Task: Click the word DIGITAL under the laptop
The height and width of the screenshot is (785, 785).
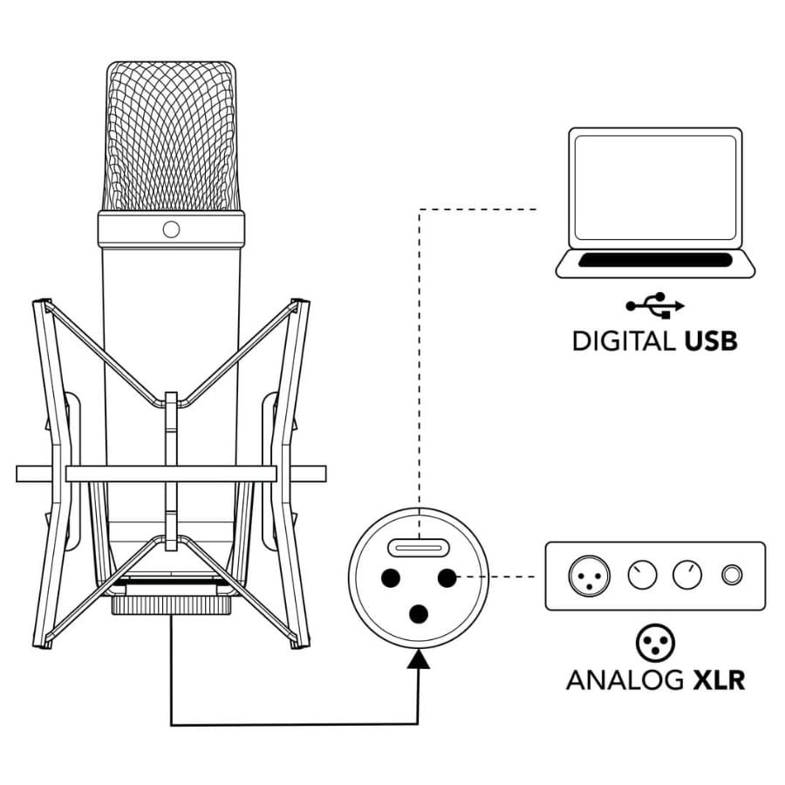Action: point(624,341)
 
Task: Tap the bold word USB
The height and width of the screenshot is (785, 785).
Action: point(711,341)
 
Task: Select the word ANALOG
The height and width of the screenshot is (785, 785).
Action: point(625,679)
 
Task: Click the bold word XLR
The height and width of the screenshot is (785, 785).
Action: point(719,679)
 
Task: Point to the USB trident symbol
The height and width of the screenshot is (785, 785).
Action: point(655,305)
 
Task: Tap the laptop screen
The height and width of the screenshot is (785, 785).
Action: point(655,188)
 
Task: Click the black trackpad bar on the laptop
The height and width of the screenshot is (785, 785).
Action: point(655,260)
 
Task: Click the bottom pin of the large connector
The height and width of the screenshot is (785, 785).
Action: point(419,614)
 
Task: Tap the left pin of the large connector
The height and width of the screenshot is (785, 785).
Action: point(391,578)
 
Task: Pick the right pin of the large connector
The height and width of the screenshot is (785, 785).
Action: point(447,578)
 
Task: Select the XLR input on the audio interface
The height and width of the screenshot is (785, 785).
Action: point(590,576)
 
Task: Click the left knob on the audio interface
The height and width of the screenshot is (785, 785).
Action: point(642,576)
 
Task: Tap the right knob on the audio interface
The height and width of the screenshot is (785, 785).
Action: point(687,576)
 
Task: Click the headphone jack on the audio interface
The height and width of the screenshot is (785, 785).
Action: point(732,576)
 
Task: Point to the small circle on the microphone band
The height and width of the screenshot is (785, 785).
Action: point(171,229)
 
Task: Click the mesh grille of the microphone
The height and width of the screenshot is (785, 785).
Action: point(171,136)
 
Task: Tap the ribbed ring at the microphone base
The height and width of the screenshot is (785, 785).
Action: point(171,606)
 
